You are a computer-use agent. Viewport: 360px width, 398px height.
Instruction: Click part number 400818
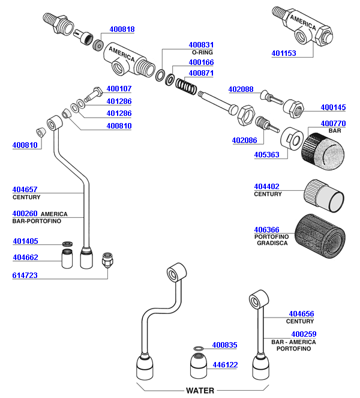122,29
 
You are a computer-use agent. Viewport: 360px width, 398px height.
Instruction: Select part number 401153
284,53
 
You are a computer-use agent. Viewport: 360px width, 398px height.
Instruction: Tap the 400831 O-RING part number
201,44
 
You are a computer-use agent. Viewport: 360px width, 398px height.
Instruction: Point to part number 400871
201,73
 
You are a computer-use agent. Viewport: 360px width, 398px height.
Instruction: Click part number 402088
241,89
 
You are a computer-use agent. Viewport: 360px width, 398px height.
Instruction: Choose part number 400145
333,107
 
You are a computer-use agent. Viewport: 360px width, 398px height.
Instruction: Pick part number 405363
266,154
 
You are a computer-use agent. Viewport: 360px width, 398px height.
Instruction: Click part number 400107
119,89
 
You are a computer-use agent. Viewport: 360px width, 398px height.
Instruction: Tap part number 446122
225,364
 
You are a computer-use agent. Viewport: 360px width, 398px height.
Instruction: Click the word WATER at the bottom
200,390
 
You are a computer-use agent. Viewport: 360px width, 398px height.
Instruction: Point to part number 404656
301,314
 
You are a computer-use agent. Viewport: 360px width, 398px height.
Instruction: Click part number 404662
25,258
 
